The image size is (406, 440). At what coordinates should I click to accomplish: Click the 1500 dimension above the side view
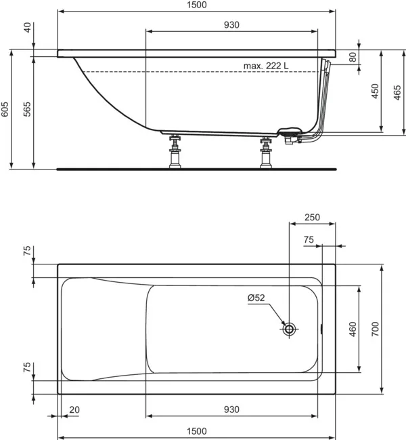click(196, 5)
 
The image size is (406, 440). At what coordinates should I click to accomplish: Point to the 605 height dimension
click(5, 110)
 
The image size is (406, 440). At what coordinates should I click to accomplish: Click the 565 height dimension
click(27, 110)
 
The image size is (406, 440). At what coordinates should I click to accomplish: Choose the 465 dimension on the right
click(397, 92)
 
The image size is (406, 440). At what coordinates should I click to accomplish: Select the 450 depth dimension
click(375, 92)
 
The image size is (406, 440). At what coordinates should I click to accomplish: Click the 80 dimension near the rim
click(353, 57)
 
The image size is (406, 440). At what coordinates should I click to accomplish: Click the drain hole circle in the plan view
click(290, 329)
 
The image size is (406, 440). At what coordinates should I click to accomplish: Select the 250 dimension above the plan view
click(312, 218)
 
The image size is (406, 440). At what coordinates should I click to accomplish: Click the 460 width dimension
click(353, 329)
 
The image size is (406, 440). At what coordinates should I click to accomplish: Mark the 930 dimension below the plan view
click(231, 409)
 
